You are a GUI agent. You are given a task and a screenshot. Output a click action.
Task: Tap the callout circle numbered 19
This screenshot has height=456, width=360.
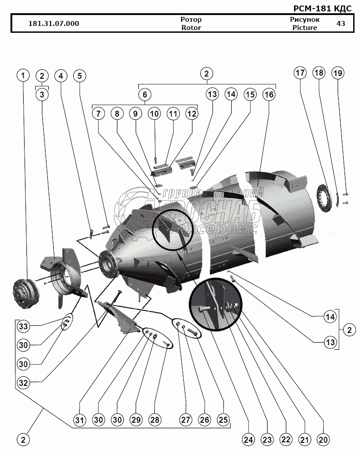pos(338,73)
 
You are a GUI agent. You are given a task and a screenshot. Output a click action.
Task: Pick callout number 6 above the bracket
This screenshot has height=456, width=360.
pos(144,95)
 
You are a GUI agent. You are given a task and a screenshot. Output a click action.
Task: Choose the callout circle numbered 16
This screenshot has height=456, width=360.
pos(269,95)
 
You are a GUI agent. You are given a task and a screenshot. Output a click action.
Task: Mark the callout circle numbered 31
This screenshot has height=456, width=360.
pos(80,419)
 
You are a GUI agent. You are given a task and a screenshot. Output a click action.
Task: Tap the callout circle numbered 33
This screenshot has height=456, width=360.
pos(23,326)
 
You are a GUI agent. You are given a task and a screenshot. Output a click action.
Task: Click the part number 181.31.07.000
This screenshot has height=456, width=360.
pos(53,24)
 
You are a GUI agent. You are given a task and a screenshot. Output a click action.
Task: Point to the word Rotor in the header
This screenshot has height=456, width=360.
pos(191,27)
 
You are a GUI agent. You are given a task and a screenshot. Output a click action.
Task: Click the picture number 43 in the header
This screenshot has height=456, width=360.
pos(340,24)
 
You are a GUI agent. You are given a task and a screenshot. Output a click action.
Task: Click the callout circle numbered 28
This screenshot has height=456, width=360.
pos(156,419)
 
